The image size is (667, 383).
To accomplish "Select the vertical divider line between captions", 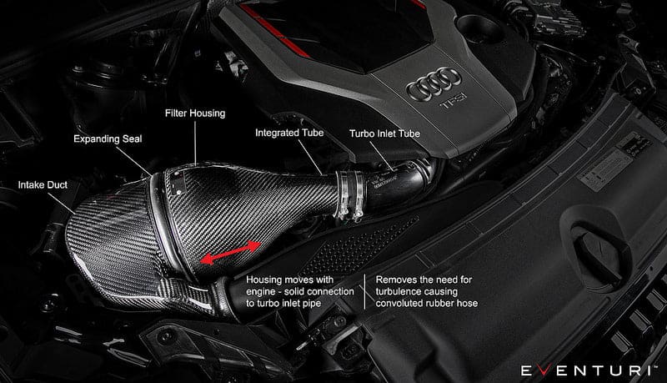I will pyautogui.click(x=363, y=293).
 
